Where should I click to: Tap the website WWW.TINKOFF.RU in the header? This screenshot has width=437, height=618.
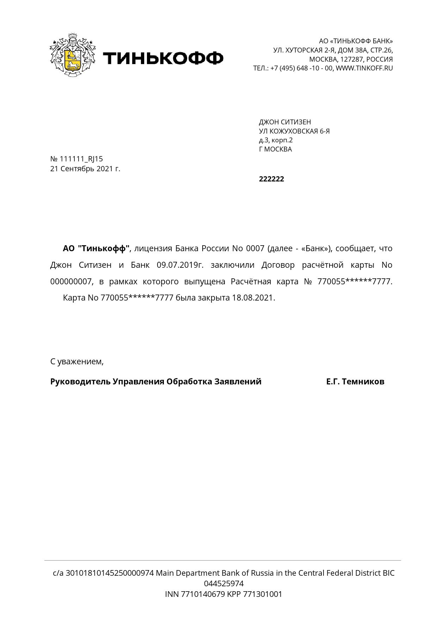(x=364, y=68)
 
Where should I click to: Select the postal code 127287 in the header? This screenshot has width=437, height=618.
(x=351, y=59)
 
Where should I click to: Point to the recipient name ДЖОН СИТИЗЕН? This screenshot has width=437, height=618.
(x=285, y=122)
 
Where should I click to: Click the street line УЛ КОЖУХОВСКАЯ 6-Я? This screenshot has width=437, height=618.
(x=294, y=131)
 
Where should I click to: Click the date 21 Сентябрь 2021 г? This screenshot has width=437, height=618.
(x=85, y=169)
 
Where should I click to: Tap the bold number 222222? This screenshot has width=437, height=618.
(x=271, y=179)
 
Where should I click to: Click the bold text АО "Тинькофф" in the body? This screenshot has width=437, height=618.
(x=96, y=249)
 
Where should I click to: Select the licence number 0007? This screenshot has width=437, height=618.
(x=255, y=249)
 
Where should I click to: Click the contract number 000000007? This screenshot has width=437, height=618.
(x=72, y=282)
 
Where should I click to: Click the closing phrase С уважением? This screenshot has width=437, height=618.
(x=77, y=362)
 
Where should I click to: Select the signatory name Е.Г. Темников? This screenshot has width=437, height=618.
(x=355, y=382)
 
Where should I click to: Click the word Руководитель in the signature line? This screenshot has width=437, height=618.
(x=80, y=382)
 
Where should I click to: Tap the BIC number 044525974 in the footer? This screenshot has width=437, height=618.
(x=224, y=583)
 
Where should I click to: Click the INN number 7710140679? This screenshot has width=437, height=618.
(x=203, y=594)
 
